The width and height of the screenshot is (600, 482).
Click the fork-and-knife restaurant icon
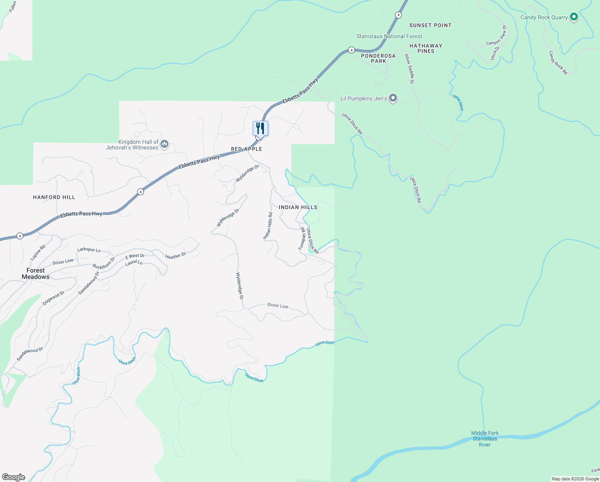tap(260, 129)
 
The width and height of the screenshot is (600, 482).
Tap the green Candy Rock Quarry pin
tap(574, 17)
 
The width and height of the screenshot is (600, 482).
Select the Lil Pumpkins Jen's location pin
tap(393, 98)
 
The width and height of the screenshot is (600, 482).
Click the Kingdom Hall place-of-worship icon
tap(164, 144)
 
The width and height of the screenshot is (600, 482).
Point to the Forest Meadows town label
tap(36, 274)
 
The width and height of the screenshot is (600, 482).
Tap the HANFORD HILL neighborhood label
tap(54, 197)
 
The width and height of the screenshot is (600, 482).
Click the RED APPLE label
tap(247, 149)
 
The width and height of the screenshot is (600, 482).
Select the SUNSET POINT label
tap(430, 25)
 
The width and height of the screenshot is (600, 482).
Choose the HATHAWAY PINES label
tap(426, 48)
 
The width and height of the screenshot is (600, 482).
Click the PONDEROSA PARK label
tap(378, 58)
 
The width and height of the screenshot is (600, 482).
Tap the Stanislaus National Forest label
tap(389, 36)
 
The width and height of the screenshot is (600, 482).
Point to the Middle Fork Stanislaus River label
tap(485, 439)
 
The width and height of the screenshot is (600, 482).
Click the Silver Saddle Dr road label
tap(409, 69)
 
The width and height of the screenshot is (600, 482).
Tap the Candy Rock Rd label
tap(558, 63)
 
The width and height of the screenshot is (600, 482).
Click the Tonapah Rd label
tap(302, 239)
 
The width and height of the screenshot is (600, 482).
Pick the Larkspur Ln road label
tap(89, 250)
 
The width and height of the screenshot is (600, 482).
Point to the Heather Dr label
tap(175, 256)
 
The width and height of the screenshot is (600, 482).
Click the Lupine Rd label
tap(38, 253)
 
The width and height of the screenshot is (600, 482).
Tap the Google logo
tap(14, 477)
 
